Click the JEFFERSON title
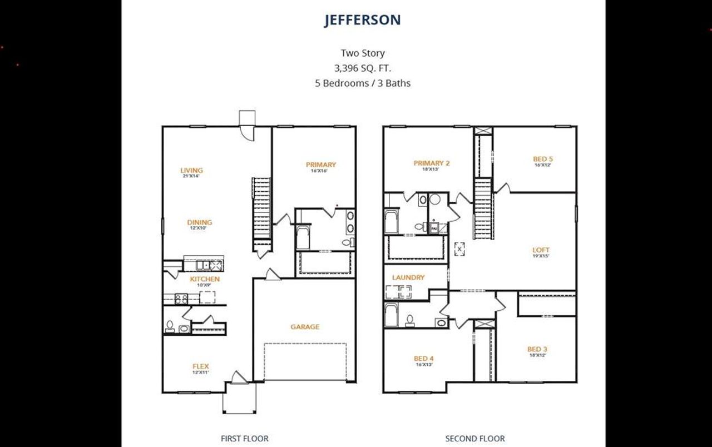(x=363, y=20)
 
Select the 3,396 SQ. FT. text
(x=363, y=68)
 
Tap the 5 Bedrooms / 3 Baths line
(x=363, y=83)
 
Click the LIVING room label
(x=191, y=171)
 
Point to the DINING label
(x=199, y=222)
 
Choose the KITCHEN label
(x=205, y=279)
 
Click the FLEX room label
(x=200, y=366)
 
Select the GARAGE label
(x=305, y=327)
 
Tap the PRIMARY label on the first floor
(x=321, y=165)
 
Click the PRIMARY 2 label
(x=431, y=163)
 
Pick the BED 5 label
(x=542, y=159)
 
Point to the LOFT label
(x=541, y=250)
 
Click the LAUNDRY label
(x=408, y=277)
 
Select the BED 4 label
(x=424, y=359)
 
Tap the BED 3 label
(x=537, y=349)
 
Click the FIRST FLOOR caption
(x=245, y=439)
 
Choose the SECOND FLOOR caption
(x=474, y=439)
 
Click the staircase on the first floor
(x=261, y=208)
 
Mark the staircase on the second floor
(x=483, y=208)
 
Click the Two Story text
(x=363, y=53)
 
